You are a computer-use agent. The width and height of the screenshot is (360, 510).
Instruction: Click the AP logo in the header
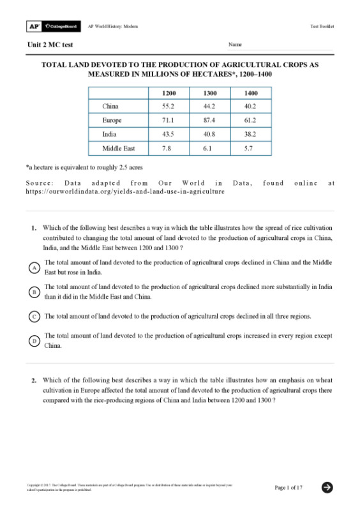pos(33,26)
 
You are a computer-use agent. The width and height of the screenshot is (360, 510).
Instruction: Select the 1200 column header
pos(169,93)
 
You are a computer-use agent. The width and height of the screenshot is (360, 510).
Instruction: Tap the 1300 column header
pos(209,93)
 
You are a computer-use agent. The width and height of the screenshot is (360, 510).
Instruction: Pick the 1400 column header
pos(250,93)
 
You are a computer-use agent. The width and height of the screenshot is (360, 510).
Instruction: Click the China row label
pos(110,107)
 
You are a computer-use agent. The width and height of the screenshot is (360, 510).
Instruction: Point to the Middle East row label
pos(118,148)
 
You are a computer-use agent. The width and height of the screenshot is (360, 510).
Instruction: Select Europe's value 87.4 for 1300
pos(209,120)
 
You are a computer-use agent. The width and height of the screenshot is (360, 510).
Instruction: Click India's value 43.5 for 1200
pos(169,134)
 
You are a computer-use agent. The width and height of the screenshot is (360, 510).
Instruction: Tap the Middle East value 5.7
pos(250,148)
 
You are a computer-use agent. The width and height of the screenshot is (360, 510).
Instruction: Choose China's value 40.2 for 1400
pos(250,107)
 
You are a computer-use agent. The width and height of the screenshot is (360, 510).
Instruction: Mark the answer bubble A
pos(34,268)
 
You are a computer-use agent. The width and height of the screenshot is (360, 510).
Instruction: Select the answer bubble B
pos(34,292)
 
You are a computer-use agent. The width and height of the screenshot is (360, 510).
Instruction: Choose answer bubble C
pos(34,317)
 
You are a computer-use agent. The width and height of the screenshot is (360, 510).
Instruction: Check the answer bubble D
pos(34,341)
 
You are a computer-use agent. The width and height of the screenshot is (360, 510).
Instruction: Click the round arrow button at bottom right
pos(327,487)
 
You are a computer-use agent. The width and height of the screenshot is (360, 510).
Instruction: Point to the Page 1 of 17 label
pos(289,488)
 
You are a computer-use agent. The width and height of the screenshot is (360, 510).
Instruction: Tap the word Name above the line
pos(235,45)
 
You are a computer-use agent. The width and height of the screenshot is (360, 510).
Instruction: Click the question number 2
pos(34,380)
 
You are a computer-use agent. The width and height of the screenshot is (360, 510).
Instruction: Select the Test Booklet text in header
pos(322,26)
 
